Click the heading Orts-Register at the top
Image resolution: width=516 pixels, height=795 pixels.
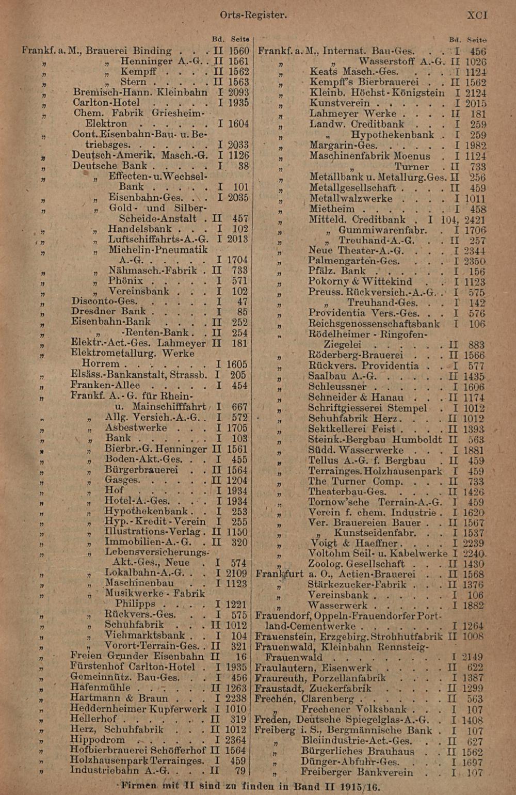tap(253, 15)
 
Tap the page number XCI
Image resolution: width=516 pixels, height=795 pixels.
tap(477, 15)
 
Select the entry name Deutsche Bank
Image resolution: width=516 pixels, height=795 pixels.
tap(109, 166)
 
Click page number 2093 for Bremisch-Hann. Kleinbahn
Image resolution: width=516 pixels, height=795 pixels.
tap(238, 92)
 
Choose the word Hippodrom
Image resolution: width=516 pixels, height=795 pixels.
tap(98, 740)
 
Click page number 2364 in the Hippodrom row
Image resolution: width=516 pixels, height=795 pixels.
tap(238, 740)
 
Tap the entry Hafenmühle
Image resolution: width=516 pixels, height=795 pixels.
tap(100, 688)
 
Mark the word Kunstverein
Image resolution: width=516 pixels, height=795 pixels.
tap(340, 103)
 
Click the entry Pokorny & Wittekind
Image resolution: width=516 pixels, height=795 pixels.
tap(360, 282)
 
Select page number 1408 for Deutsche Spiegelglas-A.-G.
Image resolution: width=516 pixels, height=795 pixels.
tap(472, 720)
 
